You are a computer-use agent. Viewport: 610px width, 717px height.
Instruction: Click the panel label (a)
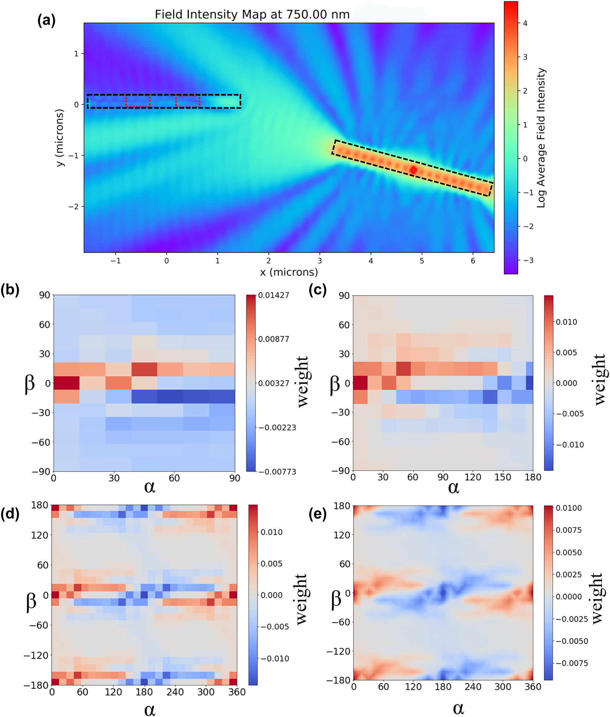pos(46,20)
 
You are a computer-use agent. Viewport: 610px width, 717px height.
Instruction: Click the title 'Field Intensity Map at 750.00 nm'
pos(252,14)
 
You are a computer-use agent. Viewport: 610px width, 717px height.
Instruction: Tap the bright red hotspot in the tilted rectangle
pos(413,170)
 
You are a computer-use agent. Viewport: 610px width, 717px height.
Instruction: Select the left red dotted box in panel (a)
pos(138,101)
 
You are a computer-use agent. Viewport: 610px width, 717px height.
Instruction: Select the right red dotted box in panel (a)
pos(188,101)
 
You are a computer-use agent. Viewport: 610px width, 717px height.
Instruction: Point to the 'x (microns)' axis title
pos(289,272)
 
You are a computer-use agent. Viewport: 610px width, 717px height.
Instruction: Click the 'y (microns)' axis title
pos(60,138)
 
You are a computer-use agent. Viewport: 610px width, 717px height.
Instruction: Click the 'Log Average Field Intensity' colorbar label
pos(541,138)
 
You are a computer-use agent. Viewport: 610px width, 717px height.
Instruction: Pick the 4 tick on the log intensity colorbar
pos(525,23)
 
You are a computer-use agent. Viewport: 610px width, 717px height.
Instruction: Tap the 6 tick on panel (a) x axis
pos(473,261)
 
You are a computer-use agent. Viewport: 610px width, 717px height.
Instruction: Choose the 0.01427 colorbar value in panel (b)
pos(274,295)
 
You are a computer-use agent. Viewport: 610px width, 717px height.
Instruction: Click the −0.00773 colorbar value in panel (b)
pos(277,472)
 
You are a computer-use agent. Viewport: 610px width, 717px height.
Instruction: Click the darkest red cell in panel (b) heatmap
pos(67,383)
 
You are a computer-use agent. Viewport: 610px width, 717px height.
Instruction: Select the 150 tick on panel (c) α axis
pos(503,477)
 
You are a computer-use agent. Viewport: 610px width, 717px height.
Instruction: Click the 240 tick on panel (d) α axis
pos(175,692)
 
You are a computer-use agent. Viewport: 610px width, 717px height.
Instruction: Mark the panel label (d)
pos(10,513)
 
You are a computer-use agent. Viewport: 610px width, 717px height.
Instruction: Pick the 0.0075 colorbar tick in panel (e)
pos(568,530)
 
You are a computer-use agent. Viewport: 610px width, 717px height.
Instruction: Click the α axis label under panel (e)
pos(458,708)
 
